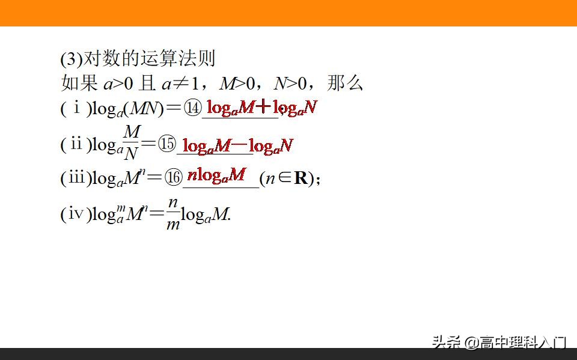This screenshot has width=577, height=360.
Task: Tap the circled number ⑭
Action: coord(193,109)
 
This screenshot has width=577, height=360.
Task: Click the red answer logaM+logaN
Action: coord(261,108)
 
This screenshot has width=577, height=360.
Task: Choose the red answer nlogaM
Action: coord(216,175)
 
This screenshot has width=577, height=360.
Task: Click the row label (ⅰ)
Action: coord(76,109)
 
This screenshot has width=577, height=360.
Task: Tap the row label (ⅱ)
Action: coord(76,144)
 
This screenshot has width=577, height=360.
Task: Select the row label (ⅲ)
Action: coord(76,178)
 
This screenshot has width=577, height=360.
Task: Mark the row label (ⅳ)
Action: coord(76,215)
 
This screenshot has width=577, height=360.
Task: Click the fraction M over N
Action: coord(132,142)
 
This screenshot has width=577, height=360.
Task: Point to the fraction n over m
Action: coord(173,214)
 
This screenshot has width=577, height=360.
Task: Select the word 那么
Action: coord(345,83)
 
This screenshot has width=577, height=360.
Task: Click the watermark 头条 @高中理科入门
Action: coord(498,343)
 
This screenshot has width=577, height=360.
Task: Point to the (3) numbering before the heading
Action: coord(70,59)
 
